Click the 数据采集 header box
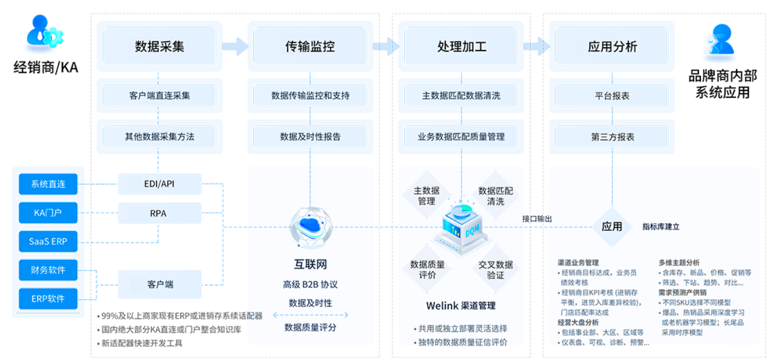click(x=160, y=47)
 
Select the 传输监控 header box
click(x=310, y=47)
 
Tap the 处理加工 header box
click(x=461, y=47)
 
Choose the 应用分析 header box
click(x=612, y=47)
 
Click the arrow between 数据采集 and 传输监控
click(x=234, y=46)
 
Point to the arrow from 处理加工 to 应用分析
click(x=536, y=46)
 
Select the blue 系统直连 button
click(x=48, y=184)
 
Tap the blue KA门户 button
click(x=48, y=213)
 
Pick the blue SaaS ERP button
click(x=48, y=241)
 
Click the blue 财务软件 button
click(x=48, y=270)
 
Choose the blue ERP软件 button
click(x=48, y=299)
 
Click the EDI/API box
click(x=159, y=184)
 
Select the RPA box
click(x=159, y=213)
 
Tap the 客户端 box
click(x=159, y=285)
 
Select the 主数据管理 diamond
click(x=427, y=195)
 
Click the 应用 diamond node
click(x=612, y=226)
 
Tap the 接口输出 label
click(x=537, y=219)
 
